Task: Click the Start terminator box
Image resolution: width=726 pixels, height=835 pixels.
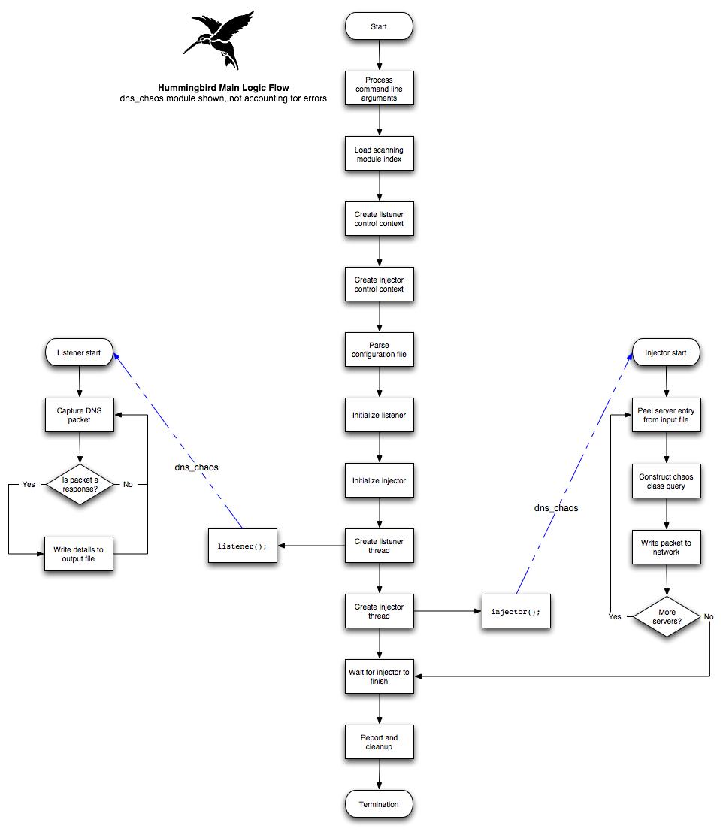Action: [x=379, y=27]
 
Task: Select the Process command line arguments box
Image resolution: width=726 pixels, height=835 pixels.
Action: [x=379, y=89]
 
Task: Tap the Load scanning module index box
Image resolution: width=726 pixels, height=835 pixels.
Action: [x=379, y=154]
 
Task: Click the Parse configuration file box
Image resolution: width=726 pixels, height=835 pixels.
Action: [x=379, y=349]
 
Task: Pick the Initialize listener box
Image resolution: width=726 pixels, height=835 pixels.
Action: [x=379, y=415]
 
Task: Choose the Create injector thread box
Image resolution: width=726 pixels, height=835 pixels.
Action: [x=379, y=611]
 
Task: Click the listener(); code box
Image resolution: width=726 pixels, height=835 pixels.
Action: [x=243, y=546]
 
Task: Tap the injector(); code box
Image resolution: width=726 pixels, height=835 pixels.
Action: [x=516, y=611]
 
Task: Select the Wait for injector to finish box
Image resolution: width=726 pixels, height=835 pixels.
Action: [x=379, y=676]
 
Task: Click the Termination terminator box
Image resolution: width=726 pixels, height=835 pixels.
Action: [x=379, y=804]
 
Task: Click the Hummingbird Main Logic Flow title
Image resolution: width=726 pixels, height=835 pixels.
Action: [x=223, y=88]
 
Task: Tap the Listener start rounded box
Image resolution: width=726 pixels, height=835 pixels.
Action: [x=79, y=352]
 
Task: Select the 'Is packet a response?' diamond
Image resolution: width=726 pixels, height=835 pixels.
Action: [x=79, y=485]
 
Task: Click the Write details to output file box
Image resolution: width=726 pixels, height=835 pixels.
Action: [x=79, y=554]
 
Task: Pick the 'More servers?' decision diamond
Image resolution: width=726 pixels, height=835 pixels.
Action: [x=667, y=617]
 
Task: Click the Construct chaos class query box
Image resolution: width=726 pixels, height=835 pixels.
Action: [x=667, y=481]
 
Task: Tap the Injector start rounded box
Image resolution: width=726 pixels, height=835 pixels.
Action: [x=666, y=352]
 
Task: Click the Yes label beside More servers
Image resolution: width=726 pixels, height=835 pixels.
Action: [x=615, y=616]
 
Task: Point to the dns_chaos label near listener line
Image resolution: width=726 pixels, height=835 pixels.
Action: [x=196, y=467]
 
